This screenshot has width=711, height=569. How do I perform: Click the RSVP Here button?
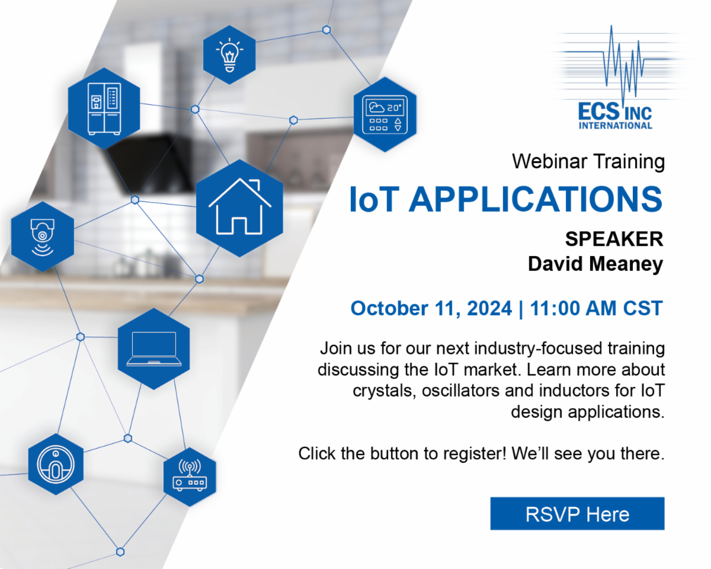577,514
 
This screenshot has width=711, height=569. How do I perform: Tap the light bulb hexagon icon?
229,55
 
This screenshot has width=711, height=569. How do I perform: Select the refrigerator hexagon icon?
104,108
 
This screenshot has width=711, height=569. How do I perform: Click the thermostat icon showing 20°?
385,114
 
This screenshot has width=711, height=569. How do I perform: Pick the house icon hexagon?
239,207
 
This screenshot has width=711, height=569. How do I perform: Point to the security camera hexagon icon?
43,236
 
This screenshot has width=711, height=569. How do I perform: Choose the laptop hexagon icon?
153,349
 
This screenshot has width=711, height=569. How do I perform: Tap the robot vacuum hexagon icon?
56,463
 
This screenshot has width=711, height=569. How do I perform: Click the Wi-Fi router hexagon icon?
190,477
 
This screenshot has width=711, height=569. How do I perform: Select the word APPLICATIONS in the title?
536,199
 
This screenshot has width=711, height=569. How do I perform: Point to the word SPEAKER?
613,239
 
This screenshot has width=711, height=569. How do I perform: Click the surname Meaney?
627,264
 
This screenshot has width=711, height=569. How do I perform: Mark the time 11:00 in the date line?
555,309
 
